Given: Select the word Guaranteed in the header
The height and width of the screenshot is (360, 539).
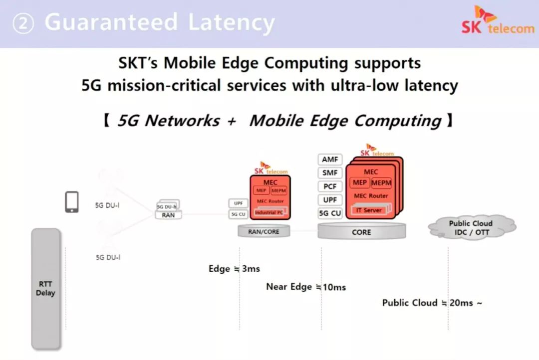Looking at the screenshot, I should [x=111, y=22].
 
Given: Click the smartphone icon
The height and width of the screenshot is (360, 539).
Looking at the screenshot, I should [x=72, y=202].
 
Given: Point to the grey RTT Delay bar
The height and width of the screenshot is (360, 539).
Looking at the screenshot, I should [x=45, y=288].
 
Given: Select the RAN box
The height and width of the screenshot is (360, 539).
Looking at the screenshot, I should [x=168, y=215].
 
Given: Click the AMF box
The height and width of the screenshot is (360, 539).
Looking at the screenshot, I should [x=330, y=160].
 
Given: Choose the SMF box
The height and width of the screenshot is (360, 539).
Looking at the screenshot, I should [x=330, y=173].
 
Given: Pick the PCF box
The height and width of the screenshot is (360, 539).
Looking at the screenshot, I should [x=330, y=186].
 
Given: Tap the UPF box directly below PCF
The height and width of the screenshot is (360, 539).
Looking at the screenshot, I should [x=330, y=200].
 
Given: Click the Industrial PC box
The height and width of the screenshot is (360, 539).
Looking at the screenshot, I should [x=269, y=212].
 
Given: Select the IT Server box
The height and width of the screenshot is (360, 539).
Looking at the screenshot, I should [x=369, y=210].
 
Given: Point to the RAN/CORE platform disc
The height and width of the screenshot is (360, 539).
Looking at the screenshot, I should [x=264, y=231].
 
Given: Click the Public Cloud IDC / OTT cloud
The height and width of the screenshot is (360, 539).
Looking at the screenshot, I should [x=470, y=228].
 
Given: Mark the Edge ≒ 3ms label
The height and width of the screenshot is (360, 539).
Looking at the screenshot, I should [x=234, y=269].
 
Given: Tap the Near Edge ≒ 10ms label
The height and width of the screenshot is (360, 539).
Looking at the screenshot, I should [x=305, y=287].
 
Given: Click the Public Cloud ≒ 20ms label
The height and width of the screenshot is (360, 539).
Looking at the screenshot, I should [x=432, y=303].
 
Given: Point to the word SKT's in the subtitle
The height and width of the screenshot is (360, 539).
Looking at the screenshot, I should [x=139, y=63].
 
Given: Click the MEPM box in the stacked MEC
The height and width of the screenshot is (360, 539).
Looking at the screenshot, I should [x=381, y=183].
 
